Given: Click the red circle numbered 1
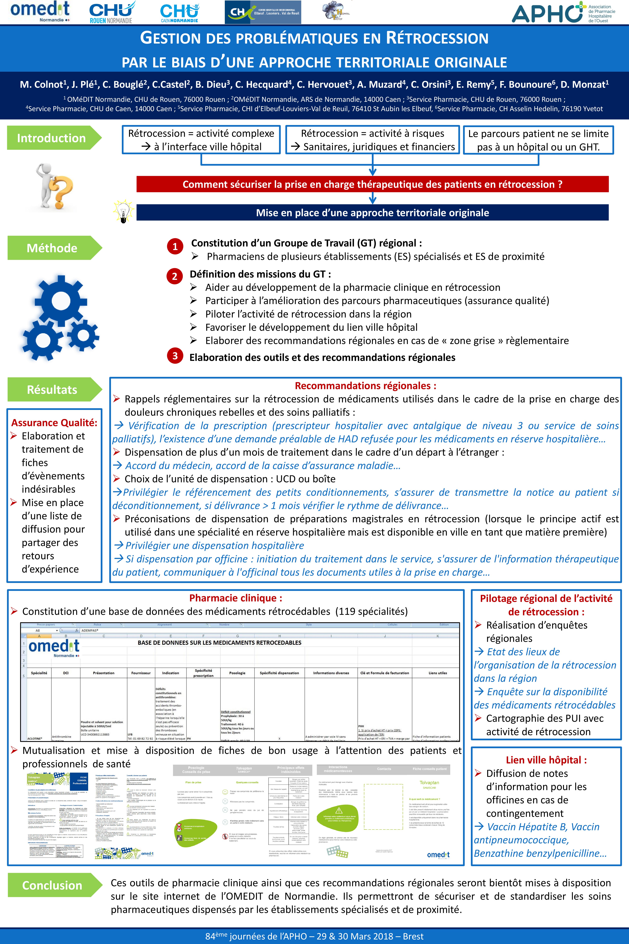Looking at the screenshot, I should [x=175, y=246].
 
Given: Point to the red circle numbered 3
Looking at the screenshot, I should [x=175, y=356].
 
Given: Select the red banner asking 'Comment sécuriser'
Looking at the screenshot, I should [x=372, y=184].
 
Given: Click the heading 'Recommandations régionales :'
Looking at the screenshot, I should [x=366, y=386].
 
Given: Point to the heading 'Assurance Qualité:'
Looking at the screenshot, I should [x=54, y=423].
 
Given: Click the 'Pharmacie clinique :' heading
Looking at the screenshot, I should [x=235, y=598].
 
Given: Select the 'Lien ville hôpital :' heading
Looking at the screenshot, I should [x=546, y=760].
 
